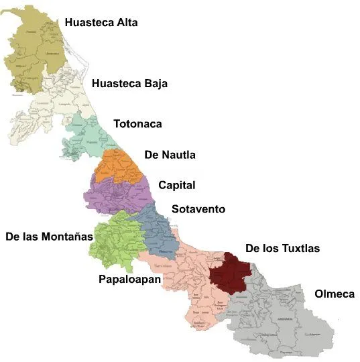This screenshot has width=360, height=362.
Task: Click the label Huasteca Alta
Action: tap(101, 23)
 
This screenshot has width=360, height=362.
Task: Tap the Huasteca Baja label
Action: tap(129, 84)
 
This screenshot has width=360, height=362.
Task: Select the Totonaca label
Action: tap(137, 124)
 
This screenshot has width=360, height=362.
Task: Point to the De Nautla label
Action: tap(170, 156)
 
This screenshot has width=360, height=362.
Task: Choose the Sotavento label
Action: tap(198, 209)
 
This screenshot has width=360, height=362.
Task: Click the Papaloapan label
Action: tap(129, 279)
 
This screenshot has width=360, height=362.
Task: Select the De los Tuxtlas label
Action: tap(282, 249)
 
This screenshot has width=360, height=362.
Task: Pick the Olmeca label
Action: tap(334, 294)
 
